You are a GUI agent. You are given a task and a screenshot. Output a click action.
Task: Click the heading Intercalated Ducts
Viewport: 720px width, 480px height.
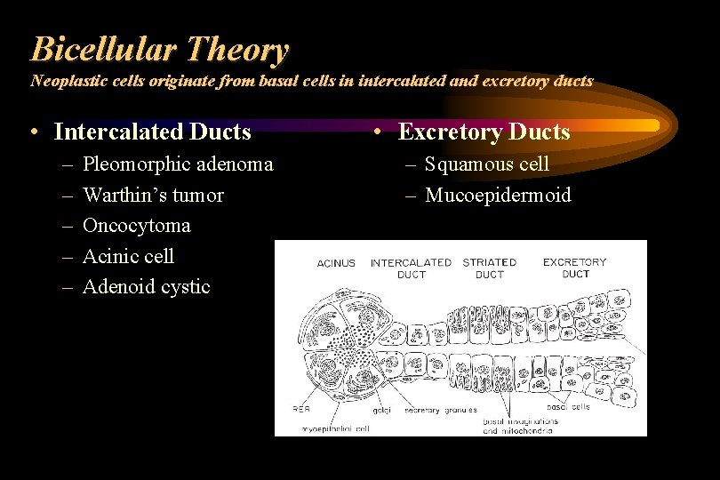click(x=152, y=132)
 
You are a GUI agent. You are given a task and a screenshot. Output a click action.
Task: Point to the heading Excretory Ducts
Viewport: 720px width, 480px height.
click(x=484, y=132)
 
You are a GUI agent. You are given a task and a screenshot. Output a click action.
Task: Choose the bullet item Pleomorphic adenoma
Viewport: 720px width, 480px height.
click(x=177, y=164)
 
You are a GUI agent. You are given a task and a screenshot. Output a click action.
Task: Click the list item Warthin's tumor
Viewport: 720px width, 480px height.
click(x=153, y=195)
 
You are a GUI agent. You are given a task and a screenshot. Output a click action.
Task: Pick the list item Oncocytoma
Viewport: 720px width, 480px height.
click(x=136, y=226)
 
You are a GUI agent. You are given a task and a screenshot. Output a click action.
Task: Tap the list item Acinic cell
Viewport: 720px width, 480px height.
click(x=128, y=256)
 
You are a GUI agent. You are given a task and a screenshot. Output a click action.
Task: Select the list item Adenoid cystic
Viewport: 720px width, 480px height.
click(x=146, y=286)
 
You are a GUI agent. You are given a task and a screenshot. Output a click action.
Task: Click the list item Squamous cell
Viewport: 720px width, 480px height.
click(x=487, y=164)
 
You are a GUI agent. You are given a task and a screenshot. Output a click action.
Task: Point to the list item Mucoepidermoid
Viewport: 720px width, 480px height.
click(x=498, y=195)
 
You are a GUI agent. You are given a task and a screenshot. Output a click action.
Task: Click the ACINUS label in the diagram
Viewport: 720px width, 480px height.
click(x=336, y=263)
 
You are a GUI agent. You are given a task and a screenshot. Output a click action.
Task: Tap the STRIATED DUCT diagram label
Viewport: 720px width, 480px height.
click(x=489, y=268)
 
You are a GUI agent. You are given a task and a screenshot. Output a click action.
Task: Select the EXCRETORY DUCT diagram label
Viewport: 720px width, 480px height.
click(x=574, y=268)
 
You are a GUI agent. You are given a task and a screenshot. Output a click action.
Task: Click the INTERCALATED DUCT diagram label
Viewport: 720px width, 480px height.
click(x=411, y=268)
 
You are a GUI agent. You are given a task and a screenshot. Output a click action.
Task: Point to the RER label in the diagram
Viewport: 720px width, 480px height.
click(x=301, y=409)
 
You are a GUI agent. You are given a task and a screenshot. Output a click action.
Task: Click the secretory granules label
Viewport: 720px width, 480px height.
click(x=440, y=411)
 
